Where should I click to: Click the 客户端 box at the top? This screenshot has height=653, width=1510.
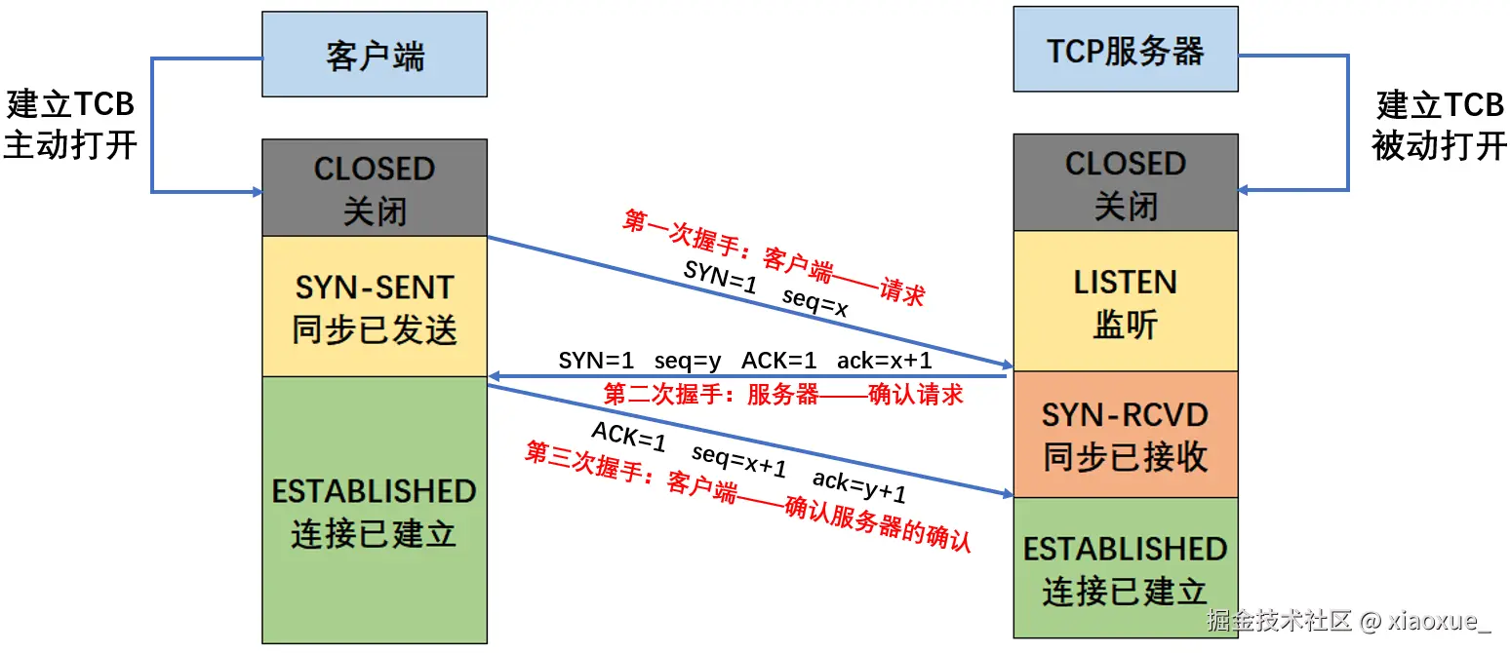pyautogui.click(x=375, y=55)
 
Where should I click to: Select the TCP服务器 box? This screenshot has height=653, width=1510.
pyautogui.click(x=1125, y=50)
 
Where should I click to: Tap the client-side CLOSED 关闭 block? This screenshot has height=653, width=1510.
pyautogui.click(x=375, y=188)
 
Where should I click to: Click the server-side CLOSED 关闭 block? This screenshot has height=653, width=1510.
pyautogui.click(x=1125, y=183)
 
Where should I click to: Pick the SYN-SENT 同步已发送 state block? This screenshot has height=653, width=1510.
pyautogui.click(x=375, y=307)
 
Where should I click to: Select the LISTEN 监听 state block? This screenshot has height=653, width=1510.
pyautogui.click(x=1125, y=301)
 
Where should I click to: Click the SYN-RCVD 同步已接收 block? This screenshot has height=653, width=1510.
pyautogui.click(x=1125, y=435)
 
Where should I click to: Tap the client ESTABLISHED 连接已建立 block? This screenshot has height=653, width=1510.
pyautogui.click(x=375, y=511)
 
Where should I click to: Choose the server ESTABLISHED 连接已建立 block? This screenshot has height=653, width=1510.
pyautogui.click(x=1125, y=568)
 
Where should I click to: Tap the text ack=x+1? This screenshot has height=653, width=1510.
pyautogui.click(x=884, y=361)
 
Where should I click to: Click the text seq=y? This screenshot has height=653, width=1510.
pyautogui.click(x=688, y=361)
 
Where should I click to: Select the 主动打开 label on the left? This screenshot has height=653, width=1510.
pyautogui.click(x=70, y=145)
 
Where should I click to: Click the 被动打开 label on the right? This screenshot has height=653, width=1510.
pyautogui.click(x=1439, y=145)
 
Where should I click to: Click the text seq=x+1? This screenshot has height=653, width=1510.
pyautogui.click(x=738, y=461)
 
